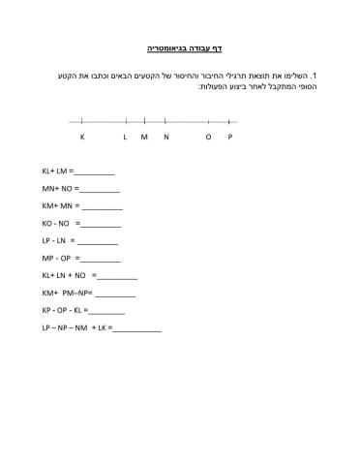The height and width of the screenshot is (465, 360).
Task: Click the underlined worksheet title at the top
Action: pos(184,47)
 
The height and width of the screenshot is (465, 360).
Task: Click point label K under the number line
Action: pos(81,138)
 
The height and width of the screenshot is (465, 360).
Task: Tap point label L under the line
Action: pos(125,138)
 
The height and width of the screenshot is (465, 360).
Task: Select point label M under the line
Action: pos(143,138)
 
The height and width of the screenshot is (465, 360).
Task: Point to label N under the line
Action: pos(166,138)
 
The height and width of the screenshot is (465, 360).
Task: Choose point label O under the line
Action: pos(207,138)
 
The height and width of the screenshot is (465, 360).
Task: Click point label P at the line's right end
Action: pos(230,138)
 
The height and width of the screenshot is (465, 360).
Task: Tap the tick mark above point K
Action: pos(81,121)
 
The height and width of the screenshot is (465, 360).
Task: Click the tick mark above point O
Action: pos(208,121)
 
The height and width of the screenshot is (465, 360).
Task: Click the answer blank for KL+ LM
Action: pos(95,172)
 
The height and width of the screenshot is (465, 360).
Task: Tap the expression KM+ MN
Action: pos(60,206)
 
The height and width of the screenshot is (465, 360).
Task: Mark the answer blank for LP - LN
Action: pos(97,242)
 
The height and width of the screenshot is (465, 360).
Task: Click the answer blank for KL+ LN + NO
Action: pos(117,277)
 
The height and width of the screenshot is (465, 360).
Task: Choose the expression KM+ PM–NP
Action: pos(67,294)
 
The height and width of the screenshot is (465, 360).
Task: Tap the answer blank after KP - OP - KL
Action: pos(106,312)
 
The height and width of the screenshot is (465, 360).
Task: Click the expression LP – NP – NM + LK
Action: pos(75,328)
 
